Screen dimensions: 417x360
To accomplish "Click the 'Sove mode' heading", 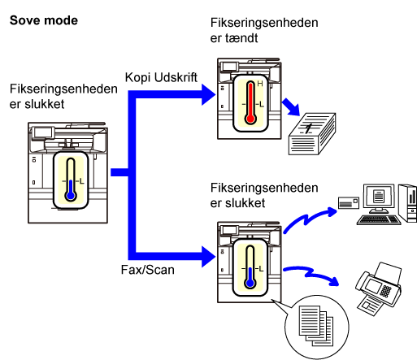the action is tap(44, 20).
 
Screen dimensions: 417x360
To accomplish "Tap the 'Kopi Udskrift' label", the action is tap(161, 78).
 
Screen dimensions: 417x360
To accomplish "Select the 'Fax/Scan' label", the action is tap(148, 270).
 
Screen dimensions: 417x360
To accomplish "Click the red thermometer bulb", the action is tap(250, 119).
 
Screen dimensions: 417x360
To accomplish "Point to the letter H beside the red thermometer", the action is tap(260, 84).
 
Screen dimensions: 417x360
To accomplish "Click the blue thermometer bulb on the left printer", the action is tap(71, 195).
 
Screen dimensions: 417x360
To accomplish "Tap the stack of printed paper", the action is tap(312, 134).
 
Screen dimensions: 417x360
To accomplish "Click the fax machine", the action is tap(378, 288).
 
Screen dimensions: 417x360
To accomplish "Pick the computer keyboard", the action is tap(379, 220).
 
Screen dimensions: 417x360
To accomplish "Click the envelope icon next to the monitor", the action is tap(349, 202).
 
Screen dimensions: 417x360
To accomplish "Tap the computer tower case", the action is tap(408, 203).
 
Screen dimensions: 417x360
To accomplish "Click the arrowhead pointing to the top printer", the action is tap(209, 94).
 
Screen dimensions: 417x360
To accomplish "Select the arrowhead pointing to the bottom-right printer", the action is tap(209, 257).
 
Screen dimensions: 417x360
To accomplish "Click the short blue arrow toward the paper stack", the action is tap(291, 107).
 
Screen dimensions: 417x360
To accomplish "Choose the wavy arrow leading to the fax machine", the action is tap(311, 273).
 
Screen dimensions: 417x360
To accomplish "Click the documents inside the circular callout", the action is tap(316, 326).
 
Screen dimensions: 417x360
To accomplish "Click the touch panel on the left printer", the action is tap(43, 132).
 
